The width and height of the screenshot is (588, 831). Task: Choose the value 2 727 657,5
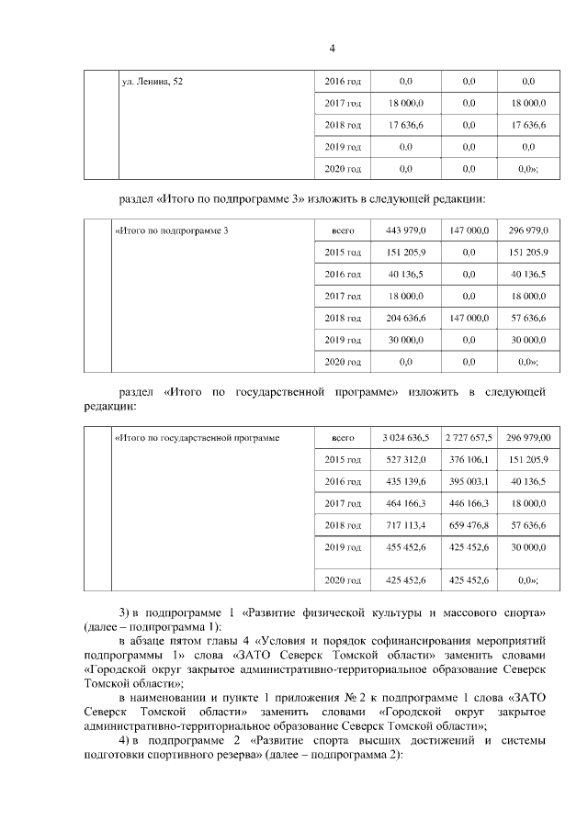tap(469, 438)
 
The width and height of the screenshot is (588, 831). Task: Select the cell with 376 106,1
tap(469, 459)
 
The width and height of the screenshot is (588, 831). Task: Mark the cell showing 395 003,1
tap(469, 481)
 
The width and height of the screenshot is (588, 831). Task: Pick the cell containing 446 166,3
tap(469, 503)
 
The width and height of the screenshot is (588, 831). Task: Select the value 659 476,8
tap(469, 524)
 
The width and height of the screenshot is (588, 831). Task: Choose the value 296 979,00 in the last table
tap(528, 438)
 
